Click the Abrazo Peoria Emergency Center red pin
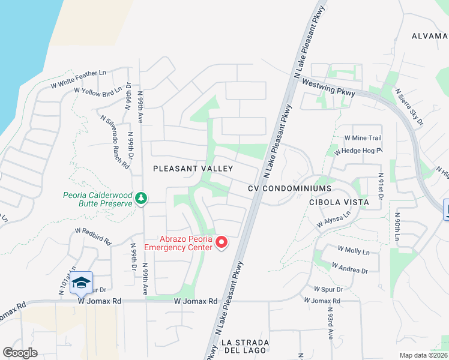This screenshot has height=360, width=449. pyautogui.click(x=221, y=242)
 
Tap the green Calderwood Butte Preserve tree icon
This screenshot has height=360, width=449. pyautogui.click(x=141, y=197)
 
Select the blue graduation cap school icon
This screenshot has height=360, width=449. pyautogui.click(x=81, y=283)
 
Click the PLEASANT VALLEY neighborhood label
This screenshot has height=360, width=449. pyautogui.click(x=193, y=169)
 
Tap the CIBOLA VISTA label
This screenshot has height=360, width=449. pyautogui.click(x=339, y=202)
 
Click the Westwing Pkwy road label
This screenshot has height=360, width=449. pyautogui.click(x=327, y=88)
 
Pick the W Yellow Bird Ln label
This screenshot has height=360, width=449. pyautogui.click(x=98, y=91)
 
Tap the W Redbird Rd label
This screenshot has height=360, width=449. pyautogui.click(x=93, y=235)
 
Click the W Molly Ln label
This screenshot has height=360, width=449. pyautogui.click(x=354, y=251)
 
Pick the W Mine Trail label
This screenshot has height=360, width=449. pyautogui.click(x=363, y=138)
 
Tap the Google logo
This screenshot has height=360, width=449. pyautogui.click(x=20, y=353)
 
